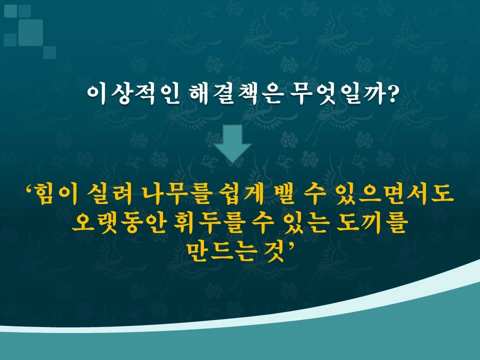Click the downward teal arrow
(232, 143)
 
